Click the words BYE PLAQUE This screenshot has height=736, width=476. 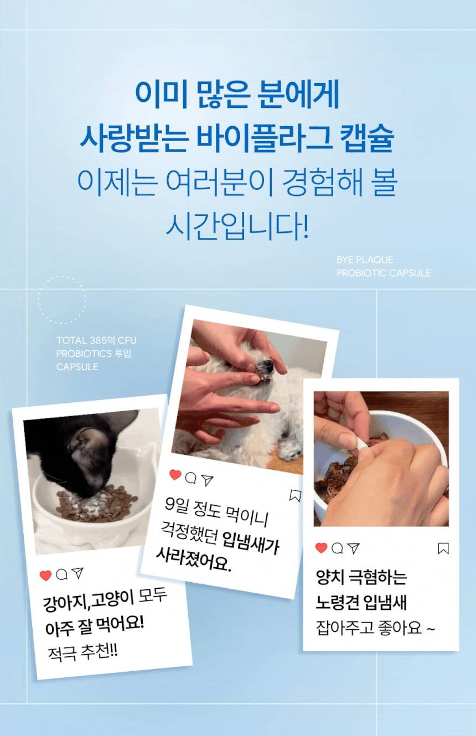point(365,260)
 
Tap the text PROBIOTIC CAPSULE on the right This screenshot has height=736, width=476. point(384,273)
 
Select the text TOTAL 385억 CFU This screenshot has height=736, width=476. point(96,340)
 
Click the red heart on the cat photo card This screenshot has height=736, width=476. point(45,576)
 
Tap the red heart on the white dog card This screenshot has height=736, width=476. point(175,475)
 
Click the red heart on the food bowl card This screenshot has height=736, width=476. point(321,548)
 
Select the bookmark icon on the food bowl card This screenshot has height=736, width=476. point(443,548)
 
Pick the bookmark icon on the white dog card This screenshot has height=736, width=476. point(295,496)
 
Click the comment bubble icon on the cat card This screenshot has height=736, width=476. point(61,574)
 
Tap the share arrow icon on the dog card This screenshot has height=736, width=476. point(207,480)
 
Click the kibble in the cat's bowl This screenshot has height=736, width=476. point(95,505)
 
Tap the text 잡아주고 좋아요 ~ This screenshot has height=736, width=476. point(375,628)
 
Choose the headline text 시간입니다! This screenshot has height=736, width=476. point(237,226)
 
